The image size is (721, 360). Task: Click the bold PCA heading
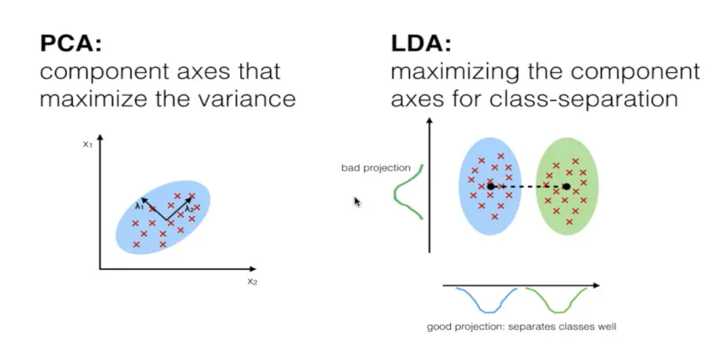(x=70, y=44)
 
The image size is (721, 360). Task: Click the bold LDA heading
(x=421, y=44)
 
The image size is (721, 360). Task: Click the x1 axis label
(x=87, y=144)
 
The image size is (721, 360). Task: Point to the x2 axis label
(x=252, y=281)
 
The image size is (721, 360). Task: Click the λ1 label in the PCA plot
(x=140, y=207)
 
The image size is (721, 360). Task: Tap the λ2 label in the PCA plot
(x=189, y=209)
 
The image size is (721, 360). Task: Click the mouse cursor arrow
(x=357, y=201)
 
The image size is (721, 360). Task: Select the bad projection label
(x=376, y=168)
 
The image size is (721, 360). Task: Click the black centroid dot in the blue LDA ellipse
(x=490, y=186)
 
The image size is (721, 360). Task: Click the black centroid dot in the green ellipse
(x=567, y=186)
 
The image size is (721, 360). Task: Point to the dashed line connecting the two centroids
(x=529, y=187)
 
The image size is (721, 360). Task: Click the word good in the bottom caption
(x=438, y=327)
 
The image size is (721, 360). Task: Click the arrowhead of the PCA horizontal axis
(x=252, y=269)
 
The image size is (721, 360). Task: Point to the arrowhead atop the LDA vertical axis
(x=430, y=121)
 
